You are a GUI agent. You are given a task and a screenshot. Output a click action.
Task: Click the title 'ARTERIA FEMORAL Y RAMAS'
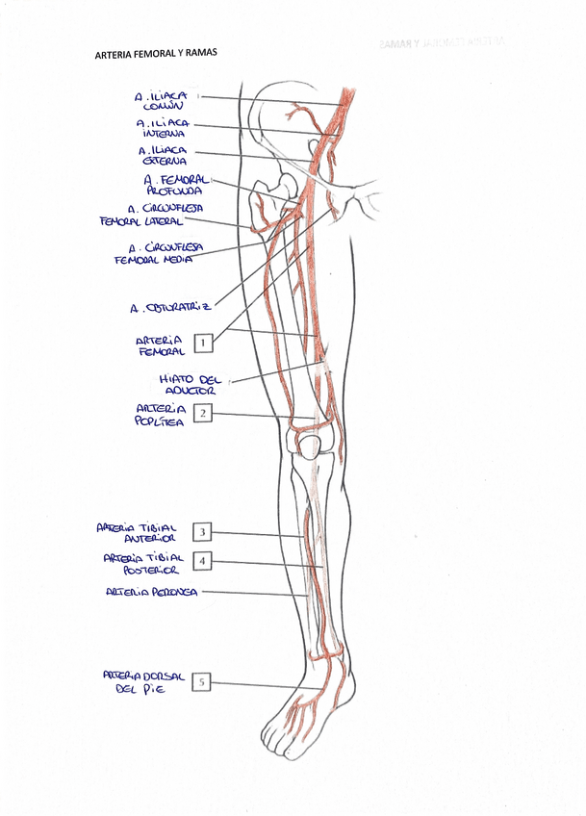coord(155,54)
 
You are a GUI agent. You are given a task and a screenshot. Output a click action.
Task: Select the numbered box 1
coord(203,341)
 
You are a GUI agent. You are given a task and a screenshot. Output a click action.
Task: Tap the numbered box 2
coord(203,414)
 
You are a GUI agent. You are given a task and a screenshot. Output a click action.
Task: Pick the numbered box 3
coord(203,531)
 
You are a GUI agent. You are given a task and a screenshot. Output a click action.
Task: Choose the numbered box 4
coord(203,560)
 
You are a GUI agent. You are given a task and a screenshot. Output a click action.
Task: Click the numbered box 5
coord(202,682)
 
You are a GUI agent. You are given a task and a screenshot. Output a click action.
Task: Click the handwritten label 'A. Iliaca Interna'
coord(163,128)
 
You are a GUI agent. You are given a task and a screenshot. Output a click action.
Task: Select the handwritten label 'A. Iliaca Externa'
coord(164,156)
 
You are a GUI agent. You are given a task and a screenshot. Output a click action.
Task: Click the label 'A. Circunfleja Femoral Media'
coord(158,253)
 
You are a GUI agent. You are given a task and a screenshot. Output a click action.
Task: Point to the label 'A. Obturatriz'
coord(169,309)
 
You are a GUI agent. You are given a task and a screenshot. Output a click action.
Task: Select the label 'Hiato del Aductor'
coord(190,385)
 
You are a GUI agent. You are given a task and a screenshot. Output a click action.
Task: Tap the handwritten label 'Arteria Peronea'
coord(151,593)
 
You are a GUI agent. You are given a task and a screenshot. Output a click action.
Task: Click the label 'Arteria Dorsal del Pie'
coord(144,682)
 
